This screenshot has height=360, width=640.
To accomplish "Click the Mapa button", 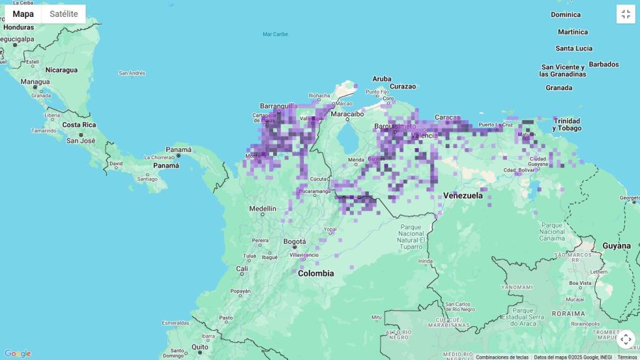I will point(23,14).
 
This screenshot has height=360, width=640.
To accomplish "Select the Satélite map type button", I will point(64,14).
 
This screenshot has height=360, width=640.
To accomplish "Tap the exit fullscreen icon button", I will point(626,14).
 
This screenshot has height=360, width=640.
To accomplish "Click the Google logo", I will point(17,354).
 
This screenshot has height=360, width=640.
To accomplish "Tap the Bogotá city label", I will point(295,241).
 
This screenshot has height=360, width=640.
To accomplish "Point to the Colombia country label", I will point(316,273).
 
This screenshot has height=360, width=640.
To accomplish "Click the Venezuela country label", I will point(463,196).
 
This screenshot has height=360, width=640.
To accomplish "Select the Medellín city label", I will point(262,209).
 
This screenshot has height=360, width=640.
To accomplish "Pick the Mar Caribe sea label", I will point(275,34).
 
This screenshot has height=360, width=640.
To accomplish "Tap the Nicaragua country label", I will point(61,70).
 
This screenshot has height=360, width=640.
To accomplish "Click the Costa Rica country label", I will point(79,124).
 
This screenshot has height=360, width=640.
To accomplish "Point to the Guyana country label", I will point(617,246).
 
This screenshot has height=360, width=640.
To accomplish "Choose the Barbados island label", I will point(604,64).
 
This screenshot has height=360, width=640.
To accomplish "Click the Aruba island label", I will point(382,79).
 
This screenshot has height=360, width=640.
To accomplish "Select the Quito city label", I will point(200,347).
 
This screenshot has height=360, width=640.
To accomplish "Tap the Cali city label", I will point(242,269).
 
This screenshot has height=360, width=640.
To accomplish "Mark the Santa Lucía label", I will point(574,48).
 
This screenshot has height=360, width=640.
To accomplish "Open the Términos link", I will point(627,357).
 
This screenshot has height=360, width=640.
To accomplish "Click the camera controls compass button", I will point(626,339).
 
